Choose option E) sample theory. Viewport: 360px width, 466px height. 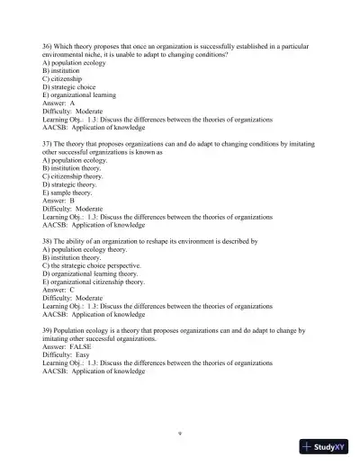pos(67,193)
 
